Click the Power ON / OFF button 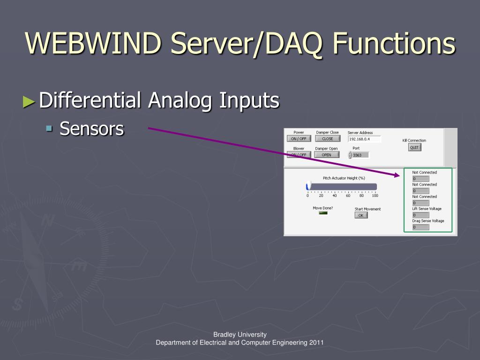[x=299, y=139]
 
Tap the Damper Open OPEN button [x=326, y=155]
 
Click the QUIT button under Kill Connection [x=414, y=147]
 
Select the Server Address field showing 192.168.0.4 [x=364, y=139]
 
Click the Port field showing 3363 [x=360, y=155]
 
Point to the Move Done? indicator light [x=323, y=213]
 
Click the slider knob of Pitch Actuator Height [x=308, y=186]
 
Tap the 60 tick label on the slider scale [x=348, y=195]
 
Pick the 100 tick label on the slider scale [x=375, y=195]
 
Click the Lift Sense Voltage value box [x=420, y=215]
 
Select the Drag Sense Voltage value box [x=420, y=227]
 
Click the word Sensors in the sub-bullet [x=92, y=128]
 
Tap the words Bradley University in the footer [x=240, y=334]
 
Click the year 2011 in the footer [x=316, y=343]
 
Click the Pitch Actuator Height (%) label [x=344, y=178]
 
